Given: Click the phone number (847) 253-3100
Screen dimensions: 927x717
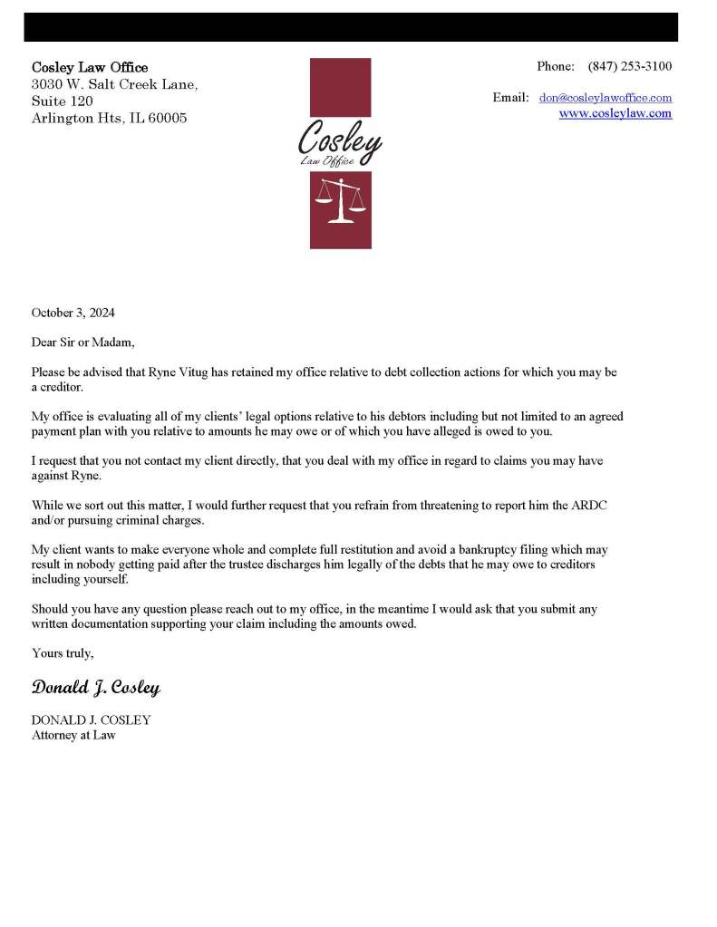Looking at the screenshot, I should click(630, 66).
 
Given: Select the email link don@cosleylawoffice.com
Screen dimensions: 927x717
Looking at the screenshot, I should click(606, 97).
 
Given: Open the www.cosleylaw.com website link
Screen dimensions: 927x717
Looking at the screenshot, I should click(615, 113).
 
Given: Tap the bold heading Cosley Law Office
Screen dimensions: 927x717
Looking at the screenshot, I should click(90, 67).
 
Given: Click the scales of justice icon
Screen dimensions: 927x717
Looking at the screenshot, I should click(341, 201).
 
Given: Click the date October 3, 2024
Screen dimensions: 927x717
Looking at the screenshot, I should click(73, 313).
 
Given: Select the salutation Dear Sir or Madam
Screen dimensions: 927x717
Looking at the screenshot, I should click(82, 342).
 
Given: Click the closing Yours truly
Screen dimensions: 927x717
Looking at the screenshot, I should click(63, 652).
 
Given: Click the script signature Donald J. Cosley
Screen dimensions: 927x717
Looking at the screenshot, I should click(96, 688).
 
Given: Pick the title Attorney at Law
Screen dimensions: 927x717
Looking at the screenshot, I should click(73, 735).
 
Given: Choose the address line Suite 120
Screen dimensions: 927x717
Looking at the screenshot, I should click(62, 101).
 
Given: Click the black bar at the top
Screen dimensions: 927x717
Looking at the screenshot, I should click(351, 27).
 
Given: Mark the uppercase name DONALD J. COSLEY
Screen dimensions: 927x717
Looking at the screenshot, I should click(91, 719).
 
